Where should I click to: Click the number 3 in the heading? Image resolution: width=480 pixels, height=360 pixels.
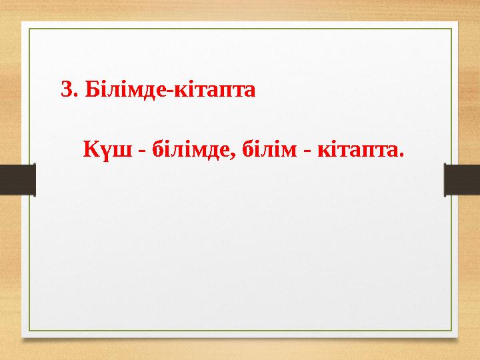point(65,89)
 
